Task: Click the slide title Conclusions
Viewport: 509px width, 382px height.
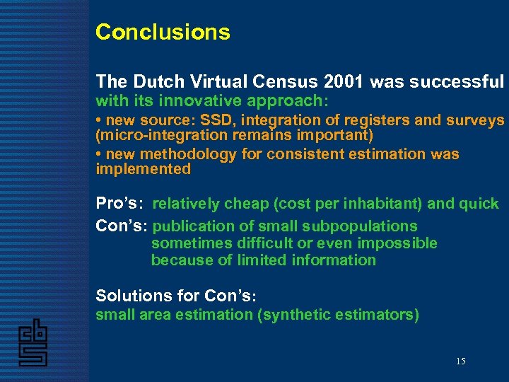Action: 163,33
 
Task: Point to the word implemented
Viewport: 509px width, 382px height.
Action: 144,168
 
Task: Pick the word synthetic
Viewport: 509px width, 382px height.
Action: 295,315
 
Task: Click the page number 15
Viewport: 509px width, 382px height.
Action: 460,361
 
